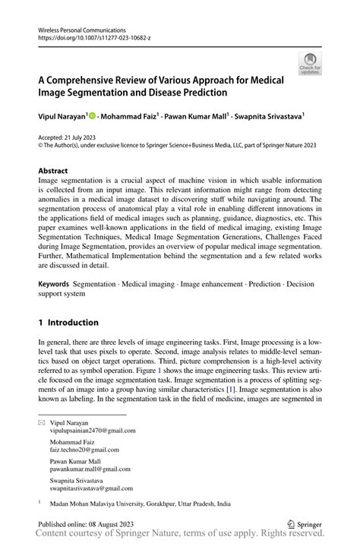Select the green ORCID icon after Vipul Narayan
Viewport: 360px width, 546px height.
[92, 116]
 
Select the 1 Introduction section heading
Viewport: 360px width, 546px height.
[68, 323]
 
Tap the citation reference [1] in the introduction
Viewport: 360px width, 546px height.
[230, 389]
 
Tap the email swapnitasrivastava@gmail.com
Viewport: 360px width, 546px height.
[91, 489]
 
